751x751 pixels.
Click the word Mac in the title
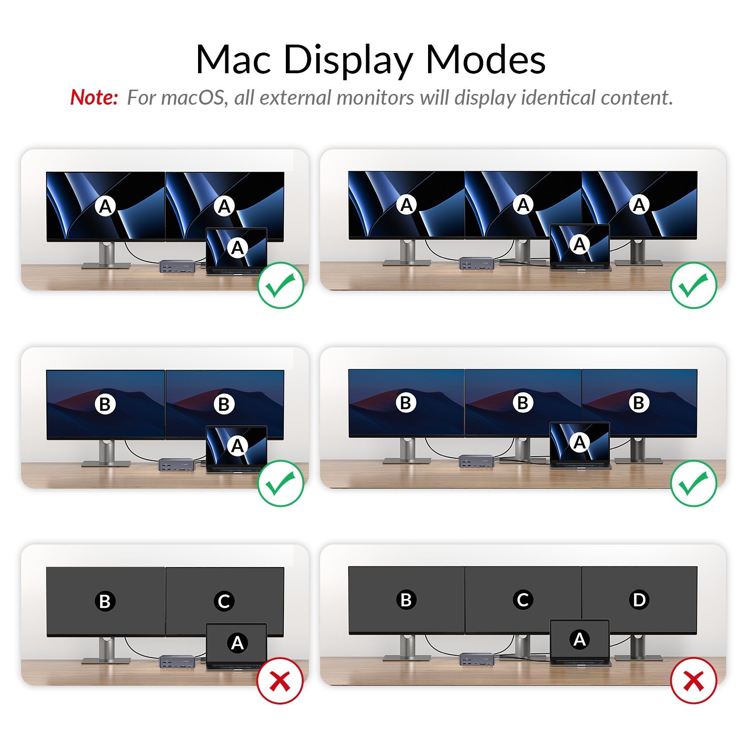233,60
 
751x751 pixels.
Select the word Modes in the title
485,60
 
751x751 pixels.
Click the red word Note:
94,98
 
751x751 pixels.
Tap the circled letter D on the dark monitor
639,599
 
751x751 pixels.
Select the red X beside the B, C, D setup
693,680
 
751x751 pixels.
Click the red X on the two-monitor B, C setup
280,681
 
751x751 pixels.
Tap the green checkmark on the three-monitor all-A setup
693,285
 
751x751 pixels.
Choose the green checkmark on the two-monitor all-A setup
281,285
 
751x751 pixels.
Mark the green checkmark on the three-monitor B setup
693,483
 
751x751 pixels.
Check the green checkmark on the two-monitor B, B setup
281,483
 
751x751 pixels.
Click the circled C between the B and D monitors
523,599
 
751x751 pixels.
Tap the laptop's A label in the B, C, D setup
580,639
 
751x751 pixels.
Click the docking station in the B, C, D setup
476,659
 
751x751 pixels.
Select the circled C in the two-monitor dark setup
224,601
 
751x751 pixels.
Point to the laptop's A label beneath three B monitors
580,442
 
